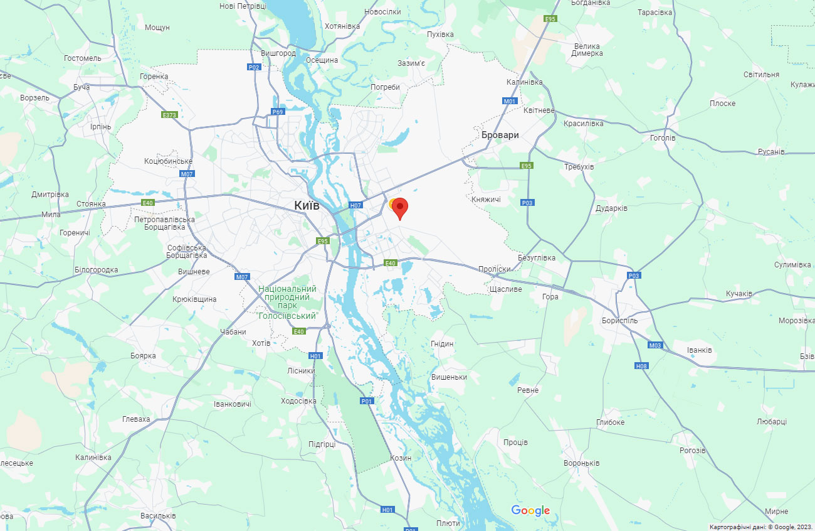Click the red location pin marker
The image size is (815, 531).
399,208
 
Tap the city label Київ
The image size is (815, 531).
307,205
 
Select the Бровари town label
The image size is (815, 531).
500,135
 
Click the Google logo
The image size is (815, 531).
530,511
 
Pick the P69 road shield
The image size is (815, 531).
278,112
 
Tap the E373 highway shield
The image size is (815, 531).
169,115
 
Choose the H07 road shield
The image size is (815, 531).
356,205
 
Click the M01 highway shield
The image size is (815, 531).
510,101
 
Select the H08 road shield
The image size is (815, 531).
641,366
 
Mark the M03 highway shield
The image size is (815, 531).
655,345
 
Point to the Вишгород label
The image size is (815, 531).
278,53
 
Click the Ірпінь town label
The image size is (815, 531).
100,127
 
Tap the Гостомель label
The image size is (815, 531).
82,58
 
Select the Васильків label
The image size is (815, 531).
158,516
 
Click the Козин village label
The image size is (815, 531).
401,458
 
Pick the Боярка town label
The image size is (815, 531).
143,356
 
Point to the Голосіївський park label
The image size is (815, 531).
287,302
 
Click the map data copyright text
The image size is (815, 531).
760,527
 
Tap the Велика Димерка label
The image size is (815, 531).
587,50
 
